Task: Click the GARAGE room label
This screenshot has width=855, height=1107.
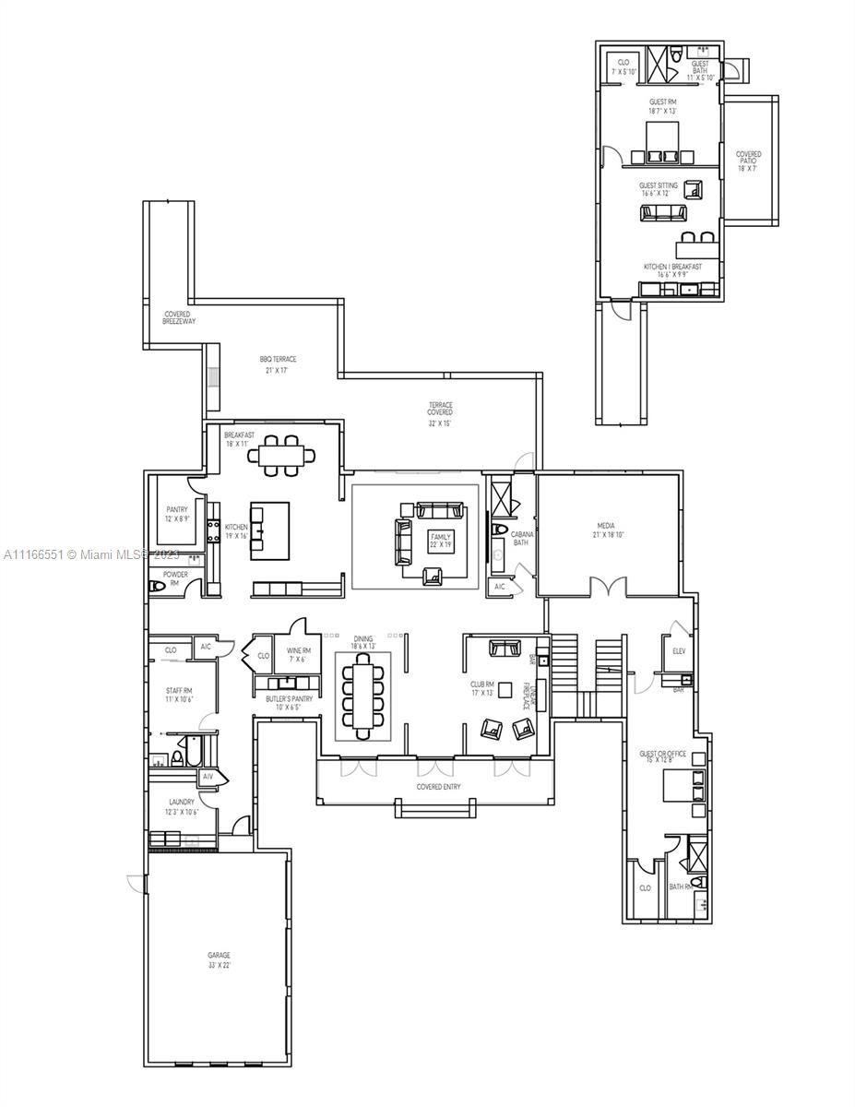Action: tap(219, 955)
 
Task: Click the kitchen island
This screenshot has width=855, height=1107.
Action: tap(269, 530)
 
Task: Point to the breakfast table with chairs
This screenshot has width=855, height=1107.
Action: tap(285, 455)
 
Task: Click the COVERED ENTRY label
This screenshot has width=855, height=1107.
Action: tap(438, 787)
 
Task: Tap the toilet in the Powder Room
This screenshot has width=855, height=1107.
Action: tap(158, 587)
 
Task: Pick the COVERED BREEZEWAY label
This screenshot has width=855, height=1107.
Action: tap(179, 317)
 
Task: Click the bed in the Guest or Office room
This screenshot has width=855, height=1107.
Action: tap(683, 786)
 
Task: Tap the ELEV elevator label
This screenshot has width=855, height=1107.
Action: tap(679, 650)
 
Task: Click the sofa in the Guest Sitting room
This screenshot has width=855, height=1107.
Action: tap(663, 213)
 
